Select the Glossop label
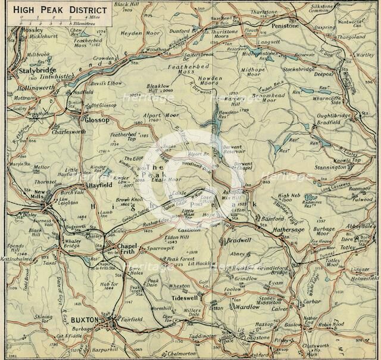[97, 120]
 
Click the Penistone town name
[285, 26]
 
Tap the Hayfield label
[101, 185]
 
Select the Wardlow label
[246, 308]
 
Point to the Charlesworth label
[68, 132]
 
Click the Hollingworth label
[30, 88]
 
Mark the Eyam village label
[276, 284]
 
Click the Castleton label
[190, 229]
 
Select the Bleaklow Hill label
[159, 88]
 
